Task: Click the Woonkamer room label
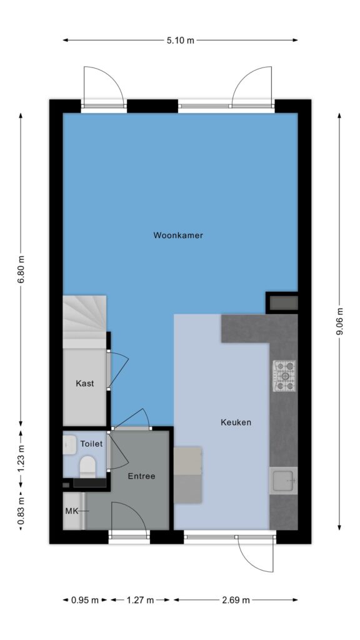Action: click(x=178, y=236)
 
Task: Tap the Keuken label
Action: click(x=236, y=422)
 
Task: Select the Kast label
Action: click(x=85, y=383)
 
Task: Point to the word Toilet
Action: click(x=91, y=444)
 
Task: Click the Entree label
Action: click(x=142, y=476)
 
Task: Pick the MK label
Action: click(x=71, y=511)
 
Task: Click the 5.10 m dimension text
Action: click(x=181, y=40)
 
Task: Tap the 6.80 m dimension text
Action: click(x=21, y=270)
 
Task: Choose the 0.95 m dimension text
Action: click(x=85, y=600)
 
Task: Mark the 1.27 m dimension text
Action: click(x=140, y=600)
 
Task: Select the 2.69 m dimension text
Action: click(x=236, y=600)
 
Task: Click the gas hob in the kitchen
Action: click(x=284, y=376)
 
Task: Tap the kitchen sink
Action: click(x=283, y=481)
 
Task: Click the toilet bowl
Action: click(x=87, y=466)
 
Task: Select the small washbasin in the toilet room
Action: click(x=70, y=445)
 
